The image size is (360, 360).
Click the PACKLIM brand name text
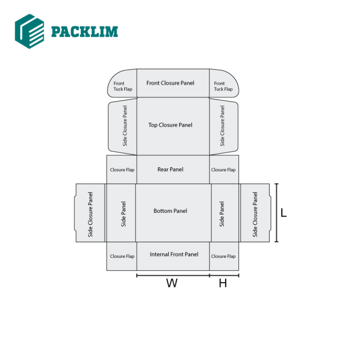pyautogui.click(x=84, y=31)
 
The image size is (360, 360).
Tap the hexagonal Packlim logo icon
pyautogui.click(x=30, y=30)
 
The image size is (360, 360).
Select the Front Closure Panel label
pyautogui.click(x=170, y=83)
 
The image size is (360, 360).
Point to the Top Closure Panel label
pyautogui.click(x=170, y=125)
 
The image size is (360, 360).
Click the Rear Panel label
pyautogui.click(x=170, y=169)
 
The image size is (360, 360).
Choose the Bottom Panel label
pyautogui.click(x=170, y=211)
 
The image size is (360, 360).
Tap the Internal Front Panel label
pyautogui.click(x=174, y=255)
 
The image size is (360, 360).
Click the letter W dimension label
pyautogui.click(x=172, y=284)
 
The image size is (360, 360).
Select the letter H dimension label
pyautogui.click(x=223, y=284)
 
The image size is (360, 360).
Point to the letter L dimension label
pyautogui.click(x=284, y=213)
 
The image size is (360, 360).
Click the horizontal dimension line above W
pyautogui.click(x=173, y=276)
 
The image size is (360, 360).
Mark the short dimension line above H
pyautogui.click(x=224, y=276)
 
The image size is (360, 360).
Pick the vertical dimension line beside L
pyautogui.click(x=277, y=213)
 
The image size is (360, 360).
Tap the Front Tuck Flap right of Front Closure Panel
pyautogui.click(x=223, y=86)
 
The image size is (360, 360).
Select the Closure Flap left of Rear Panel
pyautogui.click(x=122, y=170)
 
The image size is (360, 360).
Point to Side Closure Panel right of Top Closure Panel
pyautogui.click(x=222, y=126)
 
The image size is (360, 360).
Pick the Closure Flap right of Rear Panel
pyautogui.click(x=223, y=170)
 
